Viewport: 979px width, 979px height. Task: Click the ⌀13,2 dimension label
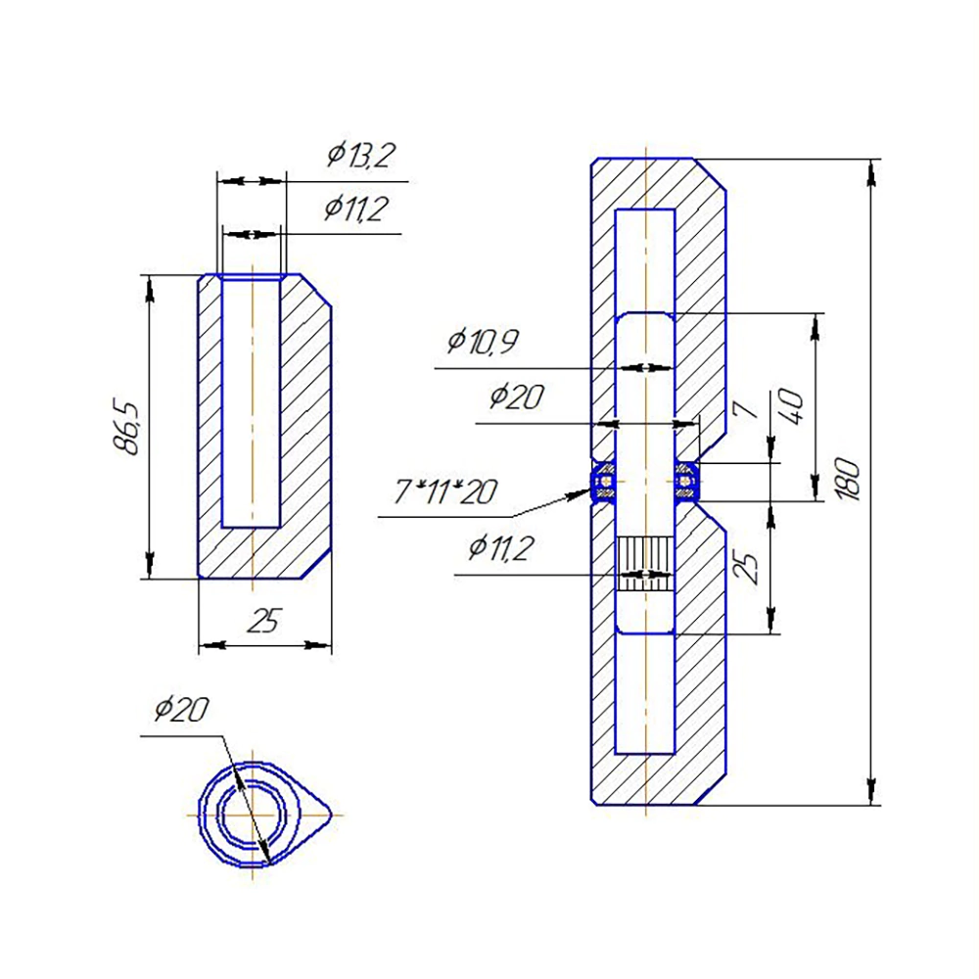coord(361,155)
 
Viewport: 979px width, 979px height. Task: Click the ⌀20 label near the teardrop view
coord(181,710)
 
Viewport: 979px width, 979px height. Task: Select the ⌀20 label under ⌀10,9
coord(516,396)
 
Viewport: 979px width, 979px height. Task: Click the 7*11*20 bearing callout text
coord(445,491)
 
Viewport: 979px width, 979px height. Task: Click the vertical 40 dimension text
coord(791,406)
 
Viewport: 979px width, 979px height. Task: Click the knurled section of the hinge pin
coord(645,564)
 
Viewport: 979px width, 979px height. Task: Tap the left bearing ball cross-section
coord(604,482)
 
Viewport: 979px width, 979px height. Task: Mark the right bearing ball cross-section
coord(686,482)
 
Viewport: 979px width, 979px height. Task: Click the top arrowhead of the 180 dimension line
coord(871,172)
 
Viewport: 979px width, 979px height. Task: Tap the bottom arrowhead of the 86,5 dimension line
coord(149,566)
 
